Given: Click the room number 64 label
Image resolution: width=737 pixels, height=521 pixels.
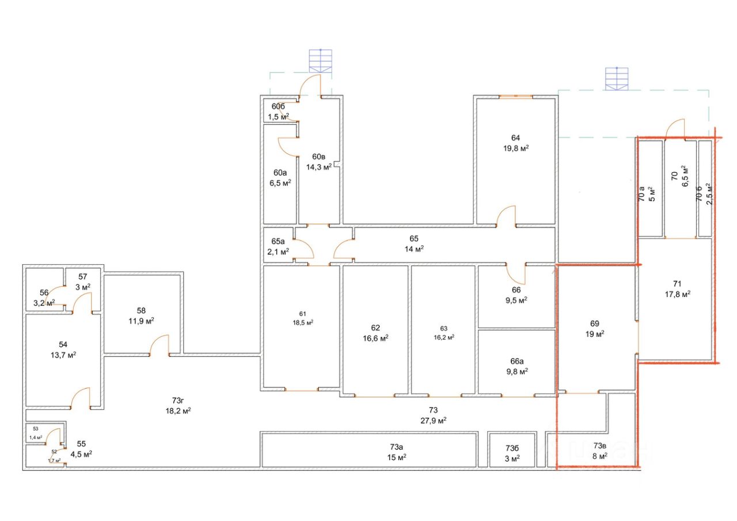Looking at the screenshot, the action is click(515, 138).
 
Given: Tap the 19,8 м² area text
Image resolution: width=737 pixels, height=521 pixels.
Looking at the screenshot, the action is click(515, 148).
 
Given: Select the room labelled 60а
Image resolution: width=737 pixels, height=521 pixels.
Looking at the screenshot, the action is click(280, 173).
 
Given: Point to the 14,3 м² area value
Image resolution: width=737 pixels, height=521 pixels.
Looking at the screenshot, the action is click(318, 168).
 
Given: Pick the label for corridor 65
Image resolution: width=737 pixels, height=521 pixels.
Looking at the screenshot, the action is click(413, 239).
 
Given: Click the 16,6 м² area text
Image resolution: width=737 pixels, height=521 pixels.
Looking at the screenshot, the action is click(375, 338).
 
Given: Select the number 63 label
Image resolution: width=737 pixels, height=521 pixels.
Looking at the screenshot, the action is click(443, 329).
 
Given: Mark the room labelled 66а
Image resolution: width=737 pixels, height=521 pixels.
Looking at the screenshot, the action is click(516, 362).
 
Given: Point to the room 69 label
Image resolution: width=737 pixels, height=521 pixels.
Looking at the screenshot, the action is click(595, 324).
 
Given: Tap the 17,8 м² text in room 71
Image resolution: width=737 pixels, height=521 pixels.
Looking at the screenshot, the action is click(677, 293).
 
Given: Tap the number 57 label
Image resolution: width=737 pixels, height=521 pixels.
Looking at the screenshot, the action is click(82, 276).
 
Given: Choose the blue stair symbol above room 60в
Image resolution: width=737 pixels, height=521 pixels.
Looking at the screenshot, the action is click(321, 60).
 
